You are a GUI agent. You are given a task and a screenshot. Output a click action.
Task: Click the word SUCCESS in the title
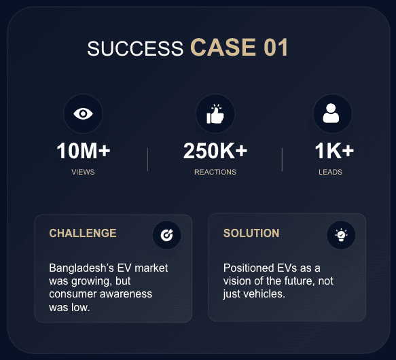135,48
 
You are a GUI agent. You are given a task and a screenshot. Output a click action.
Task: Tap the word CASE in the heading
223,48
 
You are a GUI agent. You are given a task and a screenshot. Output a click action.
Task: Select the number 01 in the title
276,48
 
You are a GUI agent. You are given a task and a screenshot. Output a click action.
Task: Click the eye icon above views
83,113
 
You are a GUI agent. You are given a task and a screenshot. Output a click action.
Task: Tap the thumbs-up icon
215,114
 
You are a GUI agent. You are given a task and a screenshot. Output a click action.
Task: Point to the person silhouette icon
331,113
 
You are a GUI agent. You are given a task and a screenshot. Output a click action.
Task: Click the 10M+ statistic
84,151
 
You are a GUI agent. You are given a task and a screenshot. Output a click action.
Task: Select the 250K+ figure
215,151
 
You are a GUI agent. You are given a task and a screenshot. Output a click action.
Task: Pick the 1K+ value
334,151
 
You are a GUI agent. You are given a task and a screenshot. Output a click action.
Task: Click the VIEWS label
83,172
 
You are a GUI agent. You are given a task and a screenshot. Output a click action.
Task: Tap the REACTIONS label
215,172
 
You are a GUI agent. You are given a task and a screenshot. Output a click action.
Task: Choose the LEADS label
330,172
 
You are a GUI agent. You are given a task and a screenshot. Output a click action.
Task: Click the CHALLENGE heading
83,233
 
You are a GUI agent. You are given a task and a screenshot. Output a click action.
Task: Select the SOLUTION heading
251,233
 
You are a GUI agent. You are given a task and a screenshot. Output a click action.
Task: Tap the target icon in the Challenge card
166,235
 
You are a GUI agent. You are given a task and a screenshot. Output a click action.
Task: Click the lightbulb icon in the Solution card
341,235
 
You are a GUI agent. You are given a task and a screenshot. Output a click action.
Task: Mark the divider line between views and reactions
148,160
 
